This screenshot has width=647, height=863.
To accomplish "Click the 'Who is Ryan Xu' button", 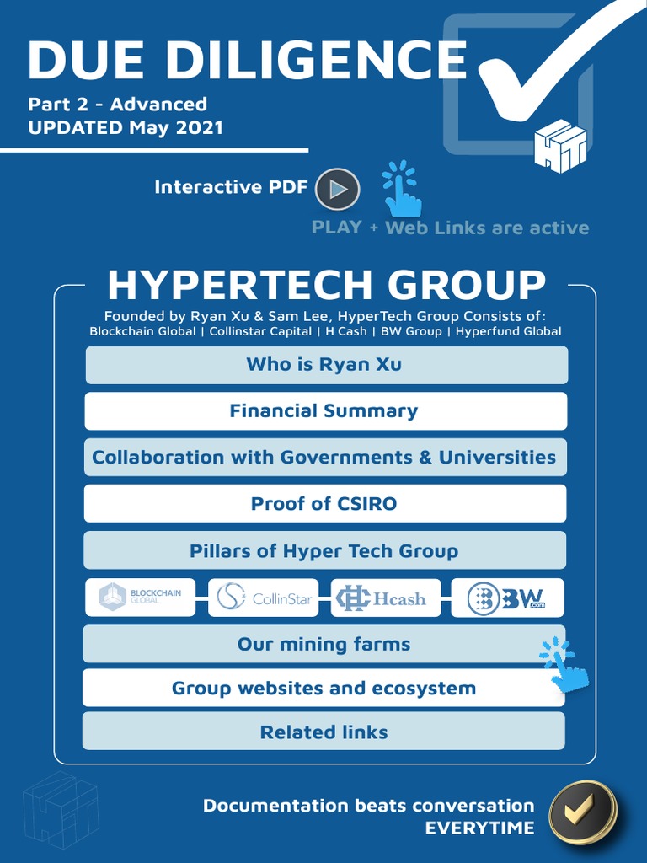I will click(x=325, y=365).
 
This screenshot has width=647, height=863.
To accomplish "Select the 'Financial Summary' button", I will click(x=325, y=411).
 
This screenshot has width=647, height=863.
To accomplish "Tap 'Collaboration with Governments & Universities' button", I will click(x=325, y=458).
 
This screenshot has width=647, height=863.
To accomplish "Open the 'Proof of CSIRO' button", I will click(x=325, y=504).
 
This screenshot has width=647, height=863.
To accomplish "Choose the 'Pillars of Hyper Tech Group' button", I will click(x=325, y=551).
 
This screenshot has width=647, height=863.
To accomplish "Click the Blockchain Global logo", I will click(x=141, y=598).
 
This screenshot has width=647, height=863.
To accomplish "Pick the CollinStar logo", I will click(x=263, y=598).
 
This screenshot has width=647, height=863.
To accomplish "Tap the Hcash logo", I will click(x=385, y=598).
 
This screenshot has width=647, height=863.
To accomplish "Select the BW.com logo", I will click(x=507, y=598).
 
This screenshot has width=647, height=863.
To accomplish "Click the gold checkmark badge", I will click(x=583, y=812).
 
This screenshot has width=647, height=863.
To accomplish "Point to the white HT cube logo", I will click(x=560, y=146).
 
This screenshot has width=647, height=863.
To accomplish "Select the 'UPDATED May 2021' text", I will click(x=126, y=128).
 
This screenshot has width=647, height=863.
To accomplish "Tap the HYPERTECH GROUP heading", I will click(x=326, y=286).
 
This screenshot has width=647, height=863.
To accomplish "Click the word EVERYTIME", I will click(x=479, y=828).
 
